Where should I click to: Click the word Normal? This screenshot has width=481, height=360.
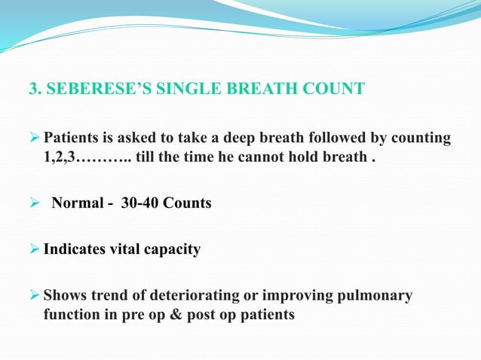click(77, 203)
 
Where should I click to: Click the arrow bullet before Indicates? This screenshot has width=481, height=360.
click(35, 249)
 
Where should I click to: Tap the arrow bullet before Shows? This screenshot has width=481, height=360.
click(35, 295)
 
